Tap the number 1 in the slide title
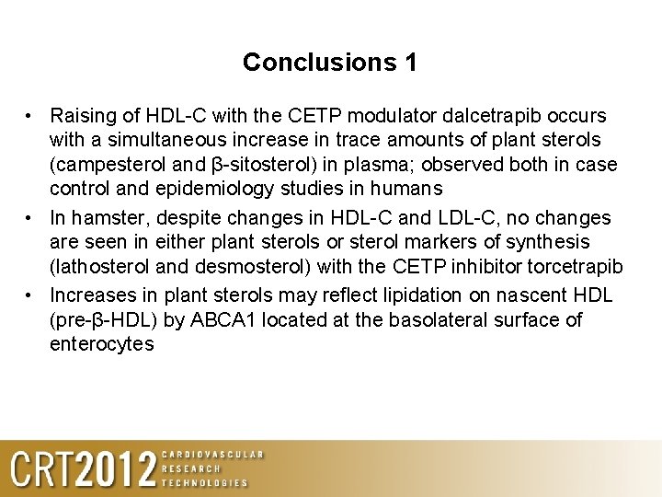410,63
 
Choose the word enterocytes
102,344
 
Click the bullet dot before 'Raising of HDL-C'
30,116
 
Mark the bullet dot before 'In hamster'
30,218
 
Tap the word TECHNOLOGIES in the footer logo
204,482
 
